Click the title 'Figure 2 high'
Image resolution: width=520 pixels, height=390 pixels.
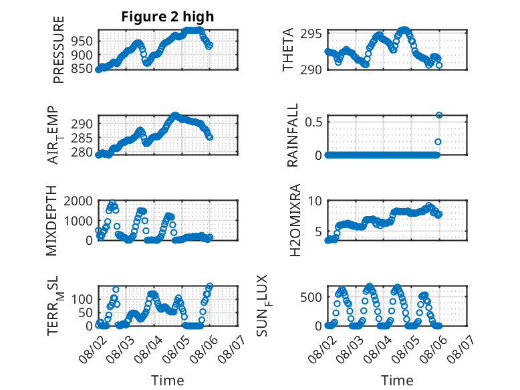click(168, 17)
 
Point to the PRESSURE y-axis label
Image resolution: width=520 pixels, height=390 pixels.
click(58, 50)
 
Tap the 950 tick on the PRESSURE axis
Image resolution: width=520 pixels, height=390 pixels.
click(82, 41)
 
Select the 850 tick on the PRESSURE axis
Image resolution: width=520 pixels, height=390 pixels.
click(82, 69)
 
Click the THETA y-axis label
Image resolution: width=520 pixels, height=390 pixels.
click(288, 50)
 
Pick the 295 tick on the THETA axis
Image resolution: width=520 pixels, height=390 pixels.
click(311, 34)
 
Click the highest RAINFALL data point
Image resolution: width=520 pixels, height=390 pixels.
click(439, 115)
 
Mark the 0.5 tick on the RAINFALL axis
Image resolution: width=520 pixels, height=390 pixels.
click(313, 122)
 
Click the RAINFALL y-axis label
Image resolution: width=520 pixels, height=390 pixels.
click(293, 135)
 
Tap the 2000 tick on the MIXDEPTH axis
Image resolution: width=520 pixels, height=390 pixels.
click(78, 201)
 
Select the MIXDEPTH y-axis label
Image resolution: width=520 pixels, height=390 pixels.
click(51, 221)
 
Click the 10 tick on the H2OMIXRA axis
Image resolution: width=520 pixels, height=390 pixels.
click(315, 201)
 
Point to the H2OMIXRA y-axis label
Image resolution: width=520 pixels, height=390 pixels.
click(295, 220)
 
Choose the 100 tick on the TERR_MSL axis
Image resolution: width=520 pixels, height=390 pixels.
click(82, 299)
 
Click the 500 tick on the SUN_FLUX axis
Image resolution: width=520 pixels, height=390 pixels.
click(311, 297)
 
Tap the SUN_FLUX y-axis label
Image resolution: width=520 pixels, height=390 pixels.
click(263, 306)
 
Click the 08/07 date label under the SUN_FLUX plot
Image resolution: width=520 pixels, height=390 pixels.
click(461, 349)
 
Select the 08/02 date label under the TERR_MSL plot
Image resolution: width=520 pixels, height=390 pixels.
click(92, 349)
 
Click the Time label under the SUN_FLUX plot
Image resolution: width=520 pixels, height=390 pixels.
click(397, 380)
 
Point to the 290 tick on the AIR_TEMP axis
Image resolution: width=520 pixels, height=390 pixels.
click(82, 124)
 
